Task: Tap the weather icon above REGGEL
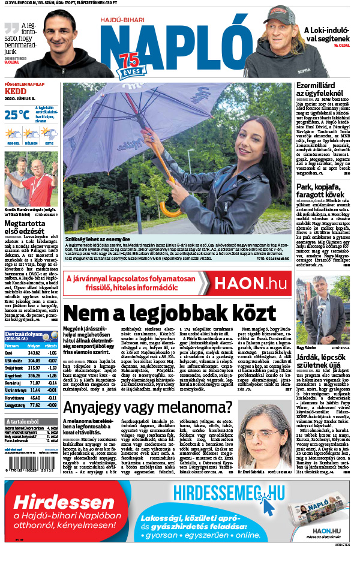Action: (x=13, y=133)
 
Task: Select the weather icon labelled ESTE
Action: (x=49, y=133)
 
